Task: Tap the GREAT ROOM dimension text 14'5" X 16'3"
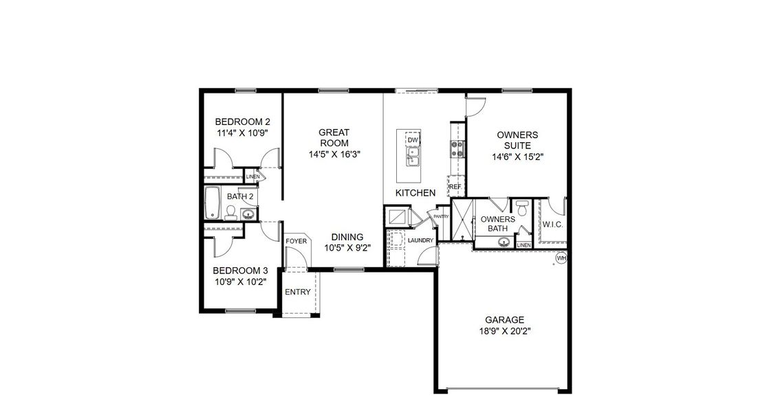[x=334, y=154]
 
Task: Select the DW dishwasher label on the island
[x=413, y=141]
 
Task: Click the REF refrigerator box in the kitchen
[x=455, y=186]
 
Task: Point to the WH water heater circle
[x=561, y=258]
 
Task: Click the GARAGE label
[x=504, y=319]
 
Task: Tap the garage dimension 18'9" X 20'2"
[x=504, y=330]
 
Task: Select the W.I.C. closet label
[x=552, y=225]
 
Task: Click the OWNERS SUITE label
[x=517, y=140]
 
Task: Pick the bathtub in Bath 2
[x=212, y=203]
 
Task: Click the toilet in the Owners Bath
[x=521, y=206]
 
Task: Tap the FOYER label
[x=296, y=241]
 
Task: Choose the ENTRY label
[x=298, y=292]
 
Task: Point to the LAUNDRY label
[x=420, y=240]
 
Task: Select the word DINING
[x=347, y=237]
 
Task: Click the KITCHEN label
[x=415, y=193]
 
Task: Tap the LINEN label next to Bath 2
[x=252, y=176]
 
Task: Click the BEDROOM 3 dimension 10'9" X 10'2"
[x=239, y=282]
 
